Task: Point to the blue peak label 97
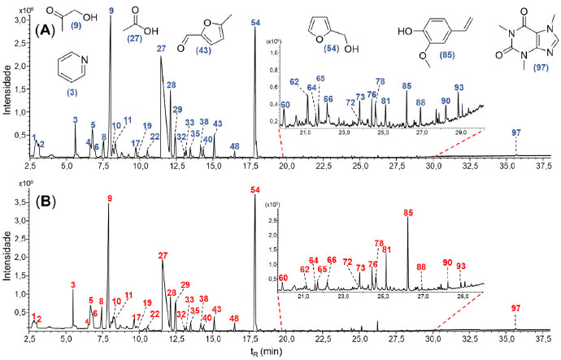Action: (516, 132)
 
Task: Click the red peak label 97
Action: (516, 308)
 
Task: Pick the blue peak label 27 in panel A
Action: (161, 49)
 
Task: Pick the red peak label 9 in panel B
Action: (110, 198)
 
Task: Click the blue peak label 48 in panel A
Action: (234, 146)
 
